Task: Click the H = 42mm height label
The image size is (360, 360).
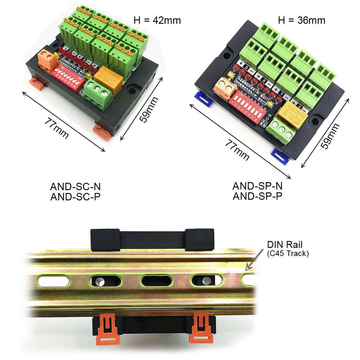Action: click(157, 20)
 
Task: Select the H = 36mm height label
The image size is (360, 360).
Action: click(302, 20)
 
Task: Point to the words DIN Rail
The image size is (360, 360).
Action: click(285, 245)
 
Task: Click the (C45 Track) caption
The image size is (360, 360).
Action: click(288, 253)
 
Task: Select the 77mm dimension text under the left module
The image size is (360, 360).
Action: click(56, 128)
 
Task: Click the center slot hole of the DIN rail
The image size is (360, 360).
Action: click(156, 281)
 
